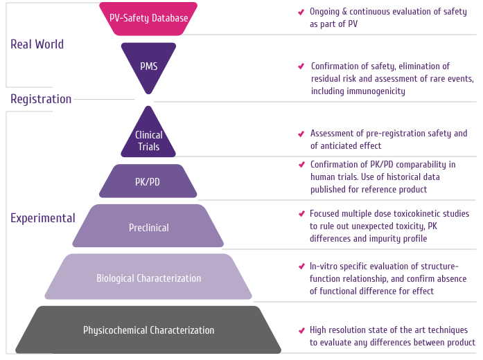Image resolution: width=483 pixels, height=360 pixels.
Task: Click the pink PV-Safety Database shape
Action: pos(148,18)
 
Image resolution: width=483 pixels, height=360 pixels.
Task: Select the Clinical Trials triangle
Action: pos(148,138)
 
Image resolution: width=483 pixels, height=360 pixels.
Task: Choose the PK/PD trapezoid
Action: pos(148,182)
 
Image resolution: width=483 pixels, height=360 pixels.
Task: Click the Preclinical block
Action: pos(148,227)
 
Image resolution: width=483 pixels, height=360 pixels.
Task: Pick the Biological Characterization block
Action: pos(148,278)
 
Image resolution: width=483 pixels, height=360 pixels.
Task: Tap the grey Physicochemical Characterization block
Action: pos(148,330)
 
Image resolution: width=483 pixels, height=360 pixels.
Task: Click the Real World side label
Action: pos(37,44)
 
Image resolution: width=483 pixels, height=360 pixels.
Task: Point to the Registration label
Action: pos(41,99)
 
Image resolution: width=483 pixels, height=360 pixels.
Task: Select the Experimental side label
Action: pos(43,218)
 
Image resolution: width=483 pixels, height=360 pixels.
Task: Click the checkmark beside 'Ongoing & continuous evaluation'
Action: pos(300,12)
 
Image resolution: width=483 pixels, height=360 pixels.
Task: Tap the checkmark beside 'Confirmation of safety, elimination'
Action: pos(301,66)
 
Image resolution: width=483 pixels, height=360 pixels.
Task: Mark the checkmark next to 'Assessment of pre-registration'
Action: pos(301,134)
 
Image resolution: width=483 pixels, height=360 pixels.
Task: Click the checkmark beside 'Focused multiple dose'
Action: pos(301,214)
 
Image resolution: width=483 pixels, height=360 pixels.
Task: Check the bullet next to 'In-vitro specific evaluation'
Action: pos(301,267)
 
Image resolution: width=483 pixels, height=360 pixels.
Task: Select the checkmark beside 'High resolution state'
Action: pos(301,330)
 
